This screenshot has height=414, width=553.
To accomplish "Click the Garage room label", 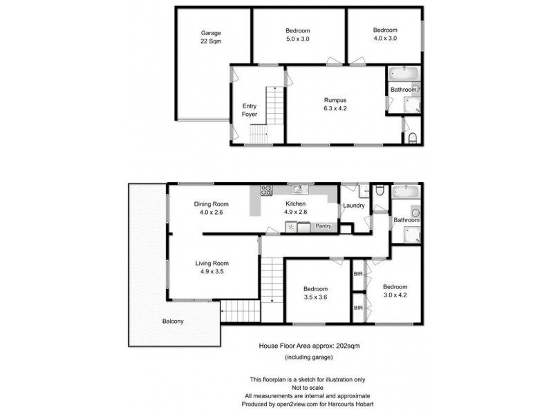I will pos(210,32).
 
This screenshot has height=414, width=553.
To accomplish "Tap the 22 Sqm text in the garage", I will pos(210,41).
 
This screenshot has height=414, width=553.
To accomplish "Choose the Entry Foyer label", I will pos(250,110).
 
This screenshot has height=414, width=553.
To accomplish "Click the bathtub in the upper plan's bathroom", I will pos(400,73).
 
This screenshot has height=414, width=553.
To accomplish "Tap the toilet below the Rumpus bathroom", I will pos(413,139).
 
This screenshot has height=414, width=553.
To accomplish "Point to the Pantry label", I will pos(324,226).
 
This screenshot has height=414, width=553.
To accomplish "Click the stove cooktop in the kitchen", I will pos(265,191).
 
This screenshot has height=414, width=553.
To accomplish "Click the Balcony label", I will pos(173,322).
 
